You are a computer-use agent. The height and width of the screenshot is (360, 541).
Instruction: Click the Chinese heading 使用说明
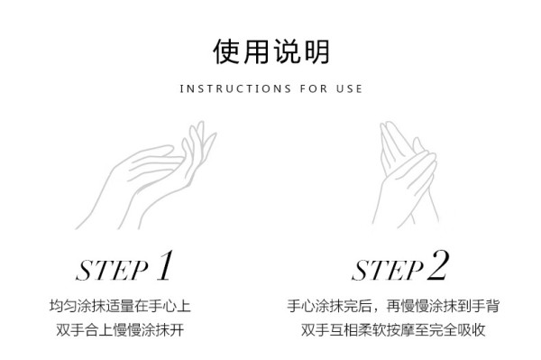pos(270,51)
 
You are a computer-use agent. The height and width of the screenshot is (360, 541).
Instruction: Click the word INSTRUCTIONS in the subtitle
pos(235,89)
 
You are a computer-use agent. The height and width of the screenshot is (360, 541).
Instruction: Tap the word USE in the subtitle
pos(349,89)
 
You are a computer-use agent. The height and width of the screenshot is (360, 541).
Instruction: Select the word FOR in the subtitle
pos(314,89)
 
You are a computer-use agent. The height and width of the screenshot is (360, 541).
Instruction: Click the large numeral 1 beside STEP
pos(165,266)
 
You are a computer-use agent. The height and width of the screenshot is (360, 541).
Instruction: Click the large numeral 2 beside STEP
pos(438,265)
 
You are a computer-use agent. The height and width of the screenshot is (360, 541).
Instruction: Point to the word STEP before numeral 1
pos(112,271)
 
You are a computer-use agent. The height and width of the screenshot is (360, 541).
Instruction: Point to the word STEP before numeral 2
pos(388,271)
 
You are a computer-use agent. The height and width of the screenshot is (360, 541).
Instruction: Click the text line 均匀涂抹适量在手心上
pos(120,306)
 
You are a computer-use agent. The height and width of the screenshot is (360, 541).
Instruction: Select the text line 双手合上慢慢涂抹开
pos(120,329)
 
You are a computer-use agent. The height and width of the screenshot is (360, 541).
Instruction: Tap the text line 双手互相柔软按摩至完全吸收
pos(393,329)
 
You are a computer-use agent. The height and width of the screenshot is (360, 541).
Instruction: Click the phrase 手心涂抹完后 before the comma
pos(329,306)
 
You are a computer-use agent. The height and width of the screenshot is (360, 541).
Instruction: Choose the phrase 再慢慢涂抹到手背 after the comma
pos(443,306)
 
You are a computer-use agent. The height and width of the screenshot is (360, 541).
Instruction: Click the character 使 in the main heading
pos(226,51)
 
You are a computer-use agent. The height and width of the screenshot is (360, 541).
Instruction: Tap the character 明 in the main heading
pos(316,51)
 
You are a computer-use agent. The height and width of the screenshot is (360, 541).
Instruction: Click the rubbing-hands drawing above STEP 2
pos(406,174)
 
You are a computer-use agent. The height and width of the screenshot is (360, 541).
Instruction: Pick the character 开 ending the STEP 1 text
pos(177,329)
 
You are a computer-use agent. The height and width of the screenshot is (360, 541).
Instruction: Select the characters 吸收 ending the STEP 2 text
pos(472,329)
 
